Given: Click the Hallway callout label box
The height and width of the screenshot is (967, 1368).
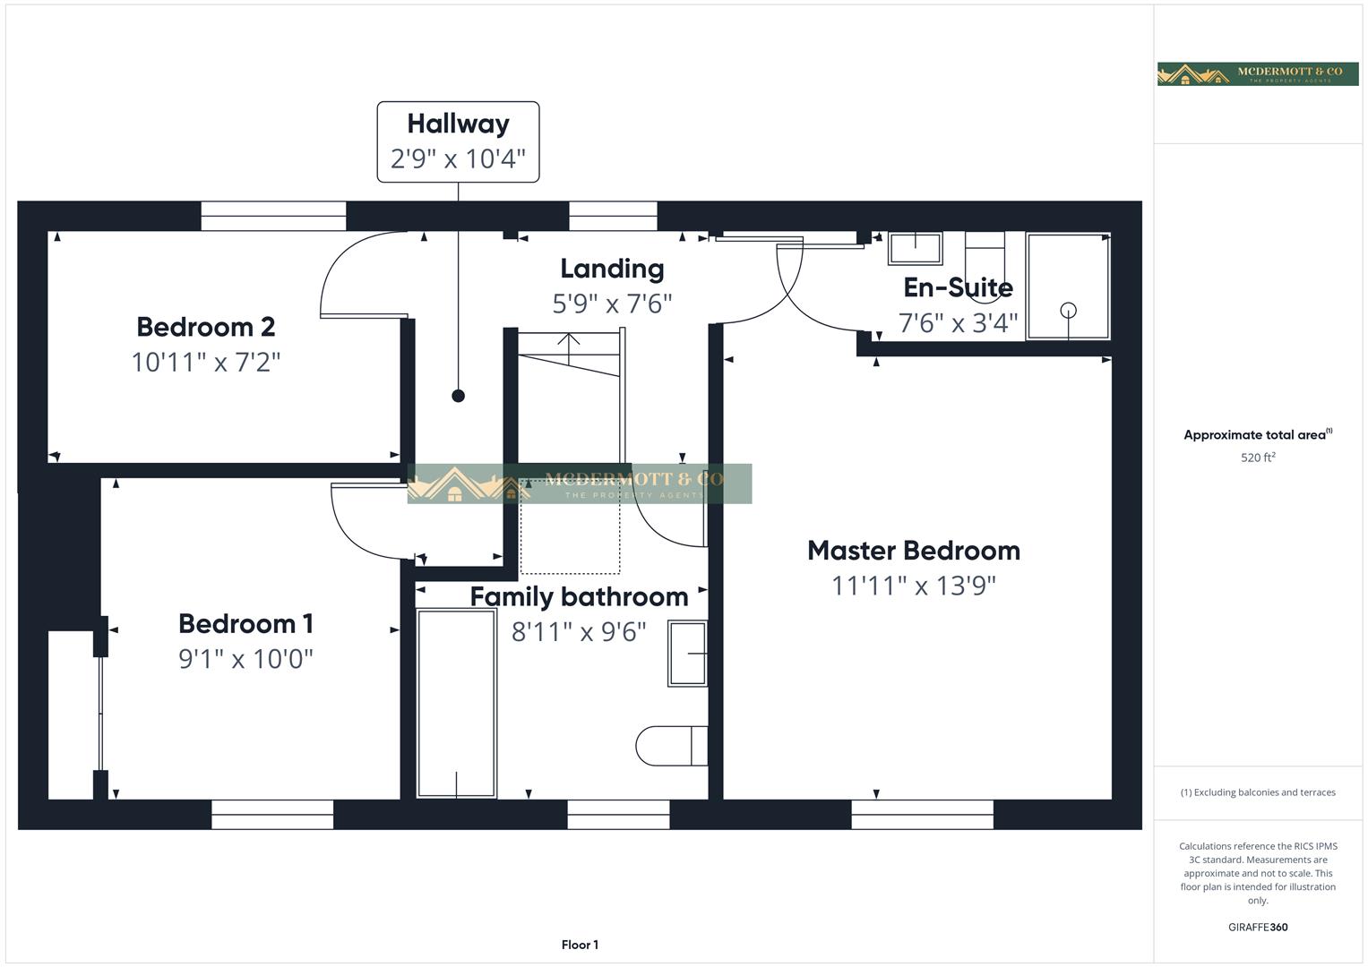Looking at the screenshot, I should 458,141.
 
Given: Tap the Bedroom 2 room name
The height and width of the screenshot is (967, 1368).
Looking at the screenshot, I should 205,327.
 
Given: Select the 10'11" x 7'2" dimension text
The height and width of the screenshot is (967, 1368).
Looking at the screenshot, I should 205,363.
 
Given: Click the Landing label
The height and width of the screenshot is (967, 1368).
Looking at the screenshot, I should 612,269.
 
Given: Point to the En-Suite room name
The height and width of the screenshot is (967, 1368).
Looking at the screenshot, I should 958,287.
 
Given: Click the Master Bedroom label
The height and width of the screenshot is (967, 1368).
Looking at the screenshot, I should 913,551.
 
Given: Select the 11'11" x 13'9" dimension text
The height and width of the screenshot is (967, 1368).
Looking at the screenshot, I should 913,586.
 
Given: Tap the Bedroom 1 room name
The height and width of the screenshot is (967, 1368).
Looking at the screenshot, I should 245,624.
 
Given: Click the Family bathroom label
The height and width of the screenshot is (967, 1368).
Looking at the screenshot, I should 579,597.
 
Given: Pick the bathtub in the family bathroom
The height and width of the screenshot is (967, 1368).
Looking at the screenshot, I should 457,703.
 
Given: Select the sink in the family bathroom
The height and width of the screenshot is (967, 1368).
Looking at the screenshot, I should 687,654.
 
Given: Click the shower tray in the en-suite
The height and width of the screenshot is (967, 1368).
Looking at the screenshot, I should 1068,287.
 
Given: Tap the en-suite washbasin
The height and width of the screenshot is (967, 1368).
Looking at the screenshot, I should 915,248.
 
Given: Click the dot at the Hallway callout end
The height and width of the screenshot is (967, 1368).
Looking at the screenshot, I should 458,396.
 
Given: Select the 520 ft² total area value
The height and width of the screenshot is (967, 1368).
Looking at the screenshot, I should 1258,458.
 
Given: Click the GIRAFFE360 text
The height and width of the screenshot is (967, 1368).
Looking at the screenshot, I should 1258,927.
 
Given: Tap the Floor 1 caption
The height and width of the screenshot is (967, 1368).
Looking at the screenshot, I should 580,945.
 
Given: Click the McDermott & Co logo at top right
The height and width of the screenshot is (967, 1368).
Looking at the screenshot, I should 1258,73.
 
